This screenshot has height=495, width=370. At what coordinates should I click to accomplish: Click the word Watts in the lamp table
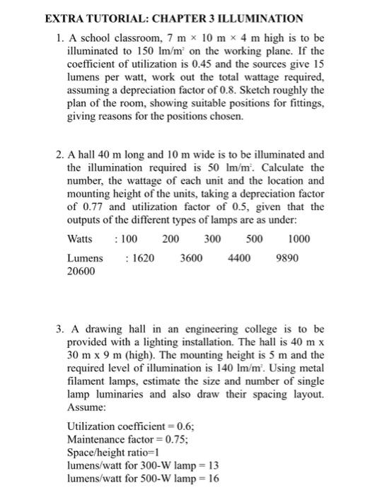point(80,239)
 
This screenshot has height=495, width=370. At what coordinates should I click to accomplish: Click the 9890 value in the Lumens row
point(287,258)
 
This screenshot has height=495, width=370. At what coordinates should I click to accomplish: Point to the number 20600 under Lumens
point(81,271)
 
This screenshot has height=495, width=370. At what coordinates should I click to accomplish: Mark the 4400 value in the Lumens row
point(238,258)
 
